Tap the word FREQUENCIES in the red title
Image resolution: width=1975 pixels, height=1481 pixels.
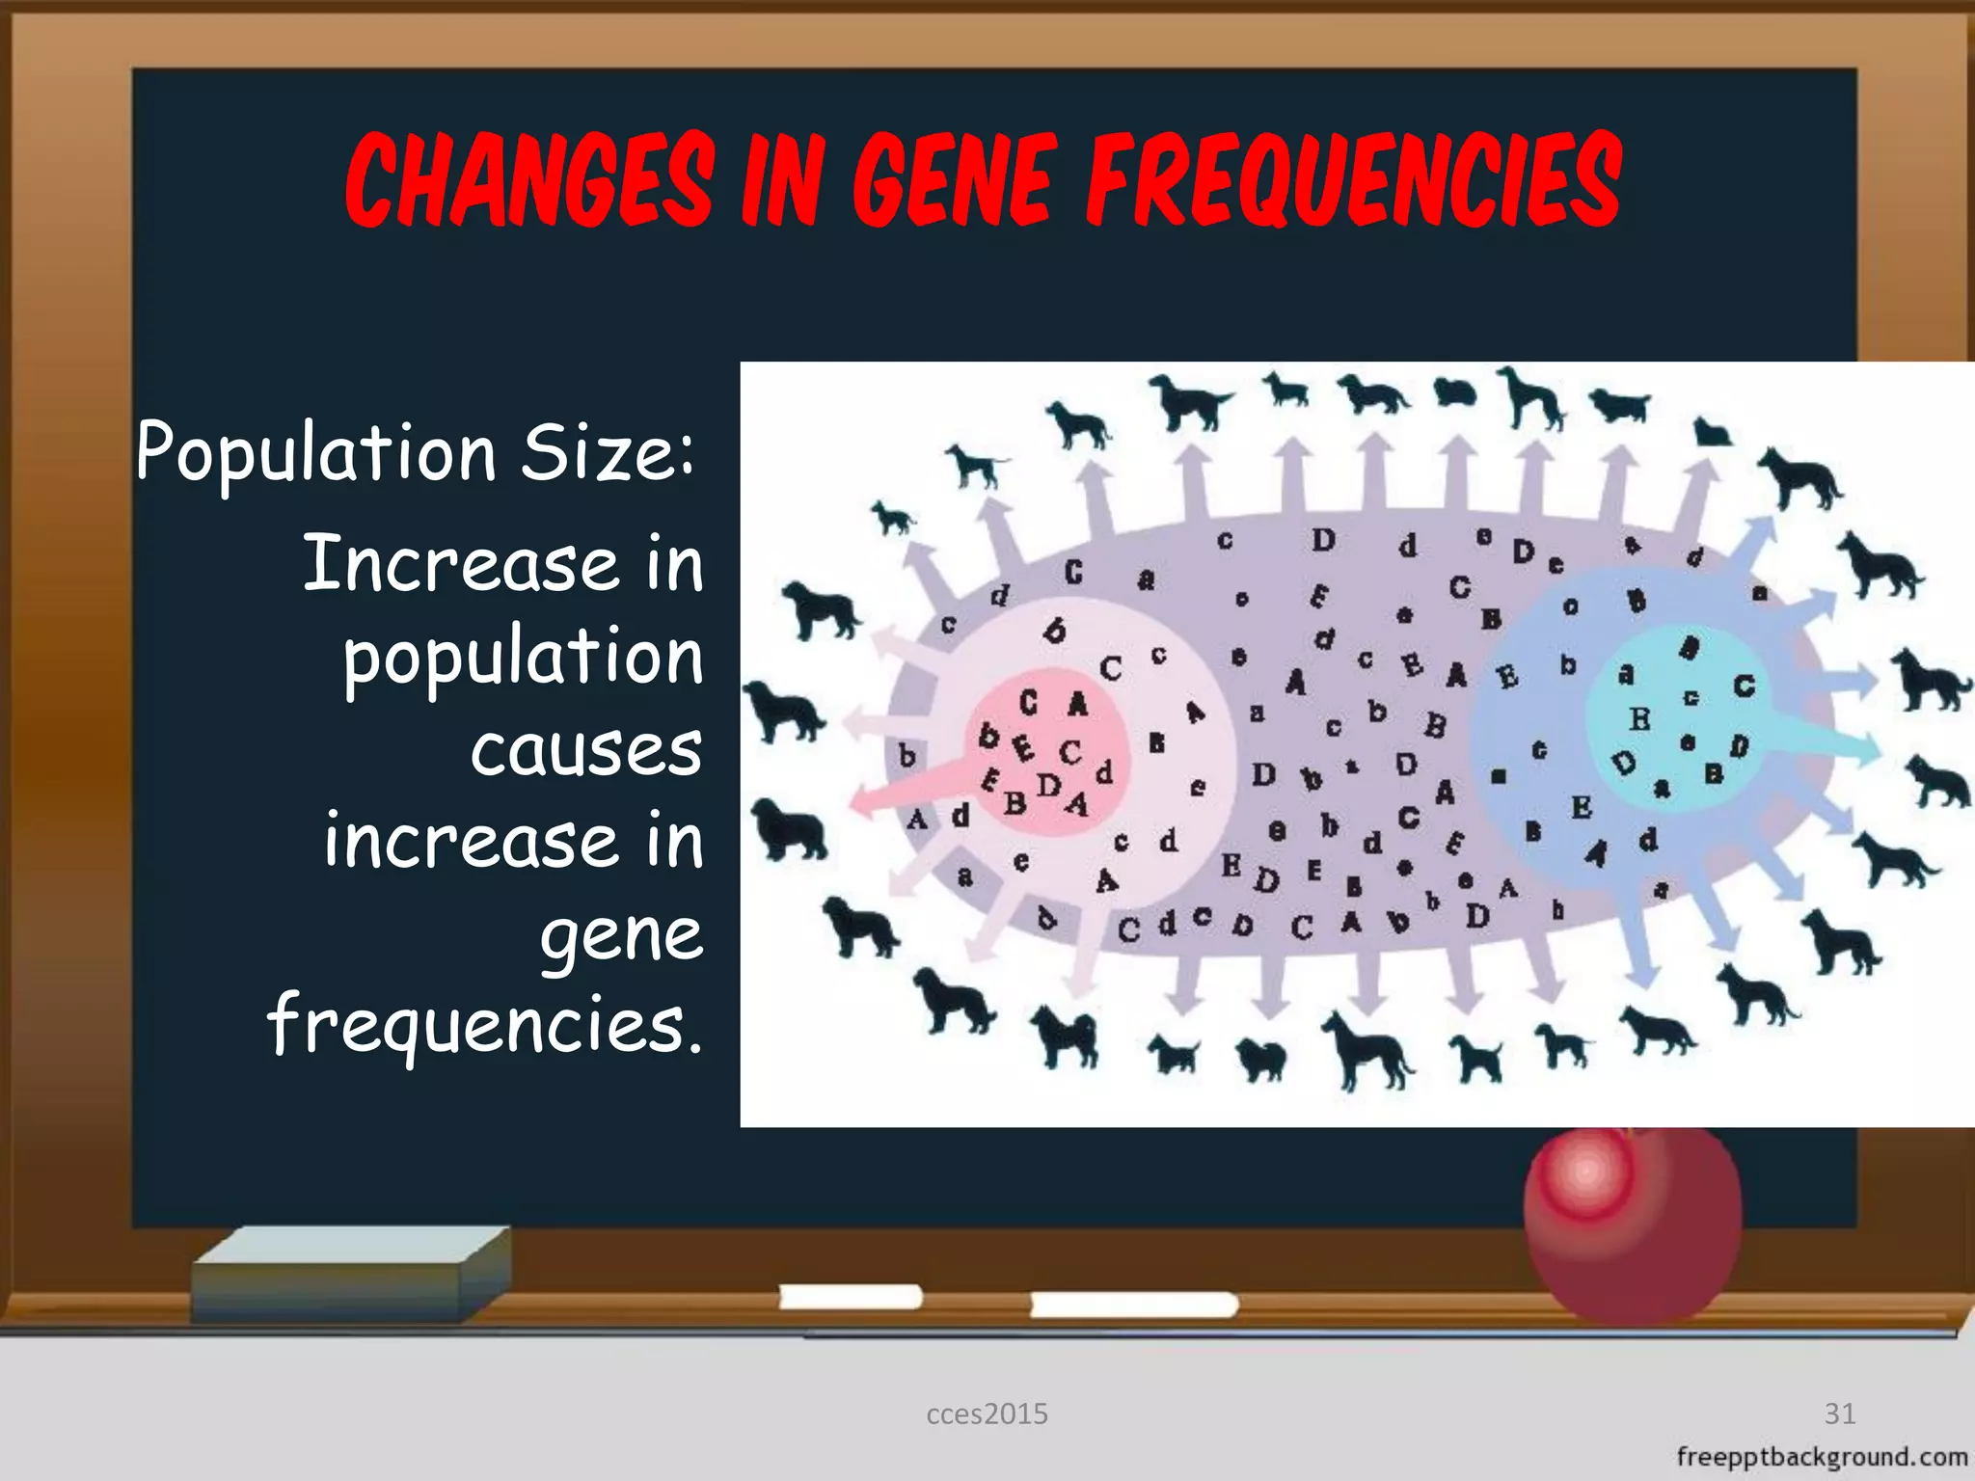pyautogui.click(x=1354, y=181)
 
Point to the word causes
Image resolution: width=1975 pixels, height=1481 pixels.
pyautogui.click(x=586, y=750)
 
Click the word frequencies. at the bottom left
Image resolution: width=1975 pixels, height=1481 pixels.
pyautogui.click(x=485, y=1024)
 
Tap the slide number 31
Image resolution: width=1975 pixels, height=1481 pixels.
pyautogui.click(x=1840, y=1414)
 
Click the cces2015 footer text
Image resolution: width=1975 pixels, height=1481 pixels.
pyautogui.click(x=987, y=1414)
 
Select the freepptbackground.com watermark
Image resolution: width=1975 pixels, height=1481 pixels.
pyautogui.click(x=1822, y=1457)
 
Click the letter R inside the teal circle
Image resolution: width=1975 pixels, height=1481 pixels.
pyautogui.click(x=1639, y=719)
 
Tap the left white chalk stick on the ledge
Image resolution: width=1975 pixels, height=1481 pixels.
pyautogui.click(x=850, y=1298)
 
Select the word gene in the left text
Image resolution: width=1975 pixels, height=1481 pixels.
pyautogui.click(x=621, y=935)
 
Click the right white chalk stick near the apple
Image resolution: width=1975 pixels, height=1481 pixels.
pyautogui.click(x=1133, y=1306)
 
